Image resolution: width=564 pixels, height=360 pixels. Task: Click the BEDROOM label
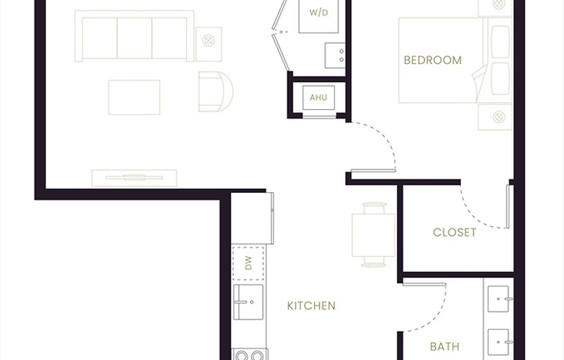pyautogui.click(x=433, y=61)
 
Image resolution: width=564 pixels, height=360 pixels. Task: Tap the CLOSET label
pyautogui.click(x=454, y=232)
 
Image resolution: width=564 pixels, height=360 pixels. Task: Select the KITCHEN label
pyautogui.click(x=311, y=305)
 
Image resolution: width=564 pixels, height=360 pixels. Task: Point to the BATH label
pyautogui.click(x=445, y=347)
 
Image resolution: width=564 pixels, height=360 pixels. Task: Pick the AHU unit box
pyautogui.click(x=317, y=98)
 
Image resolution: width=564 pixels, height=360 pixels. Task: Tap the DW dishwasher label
pyautogui.click(x=247, y=262)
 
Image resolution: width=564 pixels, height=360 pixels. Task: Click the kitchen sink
pyautogui.click(x=247, y=301)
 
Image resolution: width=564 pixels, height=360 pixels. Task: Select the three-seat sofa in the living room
pyautogui.click(x=134, y=36)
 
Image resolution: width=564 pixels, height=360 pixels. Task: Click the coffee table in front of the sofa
pyautogui.click(x=134, y=97)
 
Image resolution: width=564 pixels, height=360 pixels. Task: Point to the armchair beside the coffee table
pyautogui.click(x=215, y=91)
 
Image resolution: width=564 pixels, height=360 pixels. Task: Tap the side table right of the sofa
pyautogui.click(x=208, y=39)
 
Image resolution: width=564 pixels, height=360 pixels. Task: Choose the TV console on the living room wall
pyautogui.click(x=134, y=177)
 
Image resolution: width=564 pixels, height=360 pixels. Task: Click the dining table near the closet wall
pyautogui.click(x=374, y=234)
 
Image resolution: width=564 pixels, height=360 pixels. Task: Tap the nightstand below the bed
pyautogui.click(x=496, y=116)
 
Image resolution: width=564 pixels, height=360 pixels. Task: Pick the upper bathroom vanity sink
pyautogui.click(x=500, y=299)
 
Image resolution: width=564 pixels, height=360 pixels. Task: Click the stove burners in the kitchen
pyautogui.click(x=248, y=354)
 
